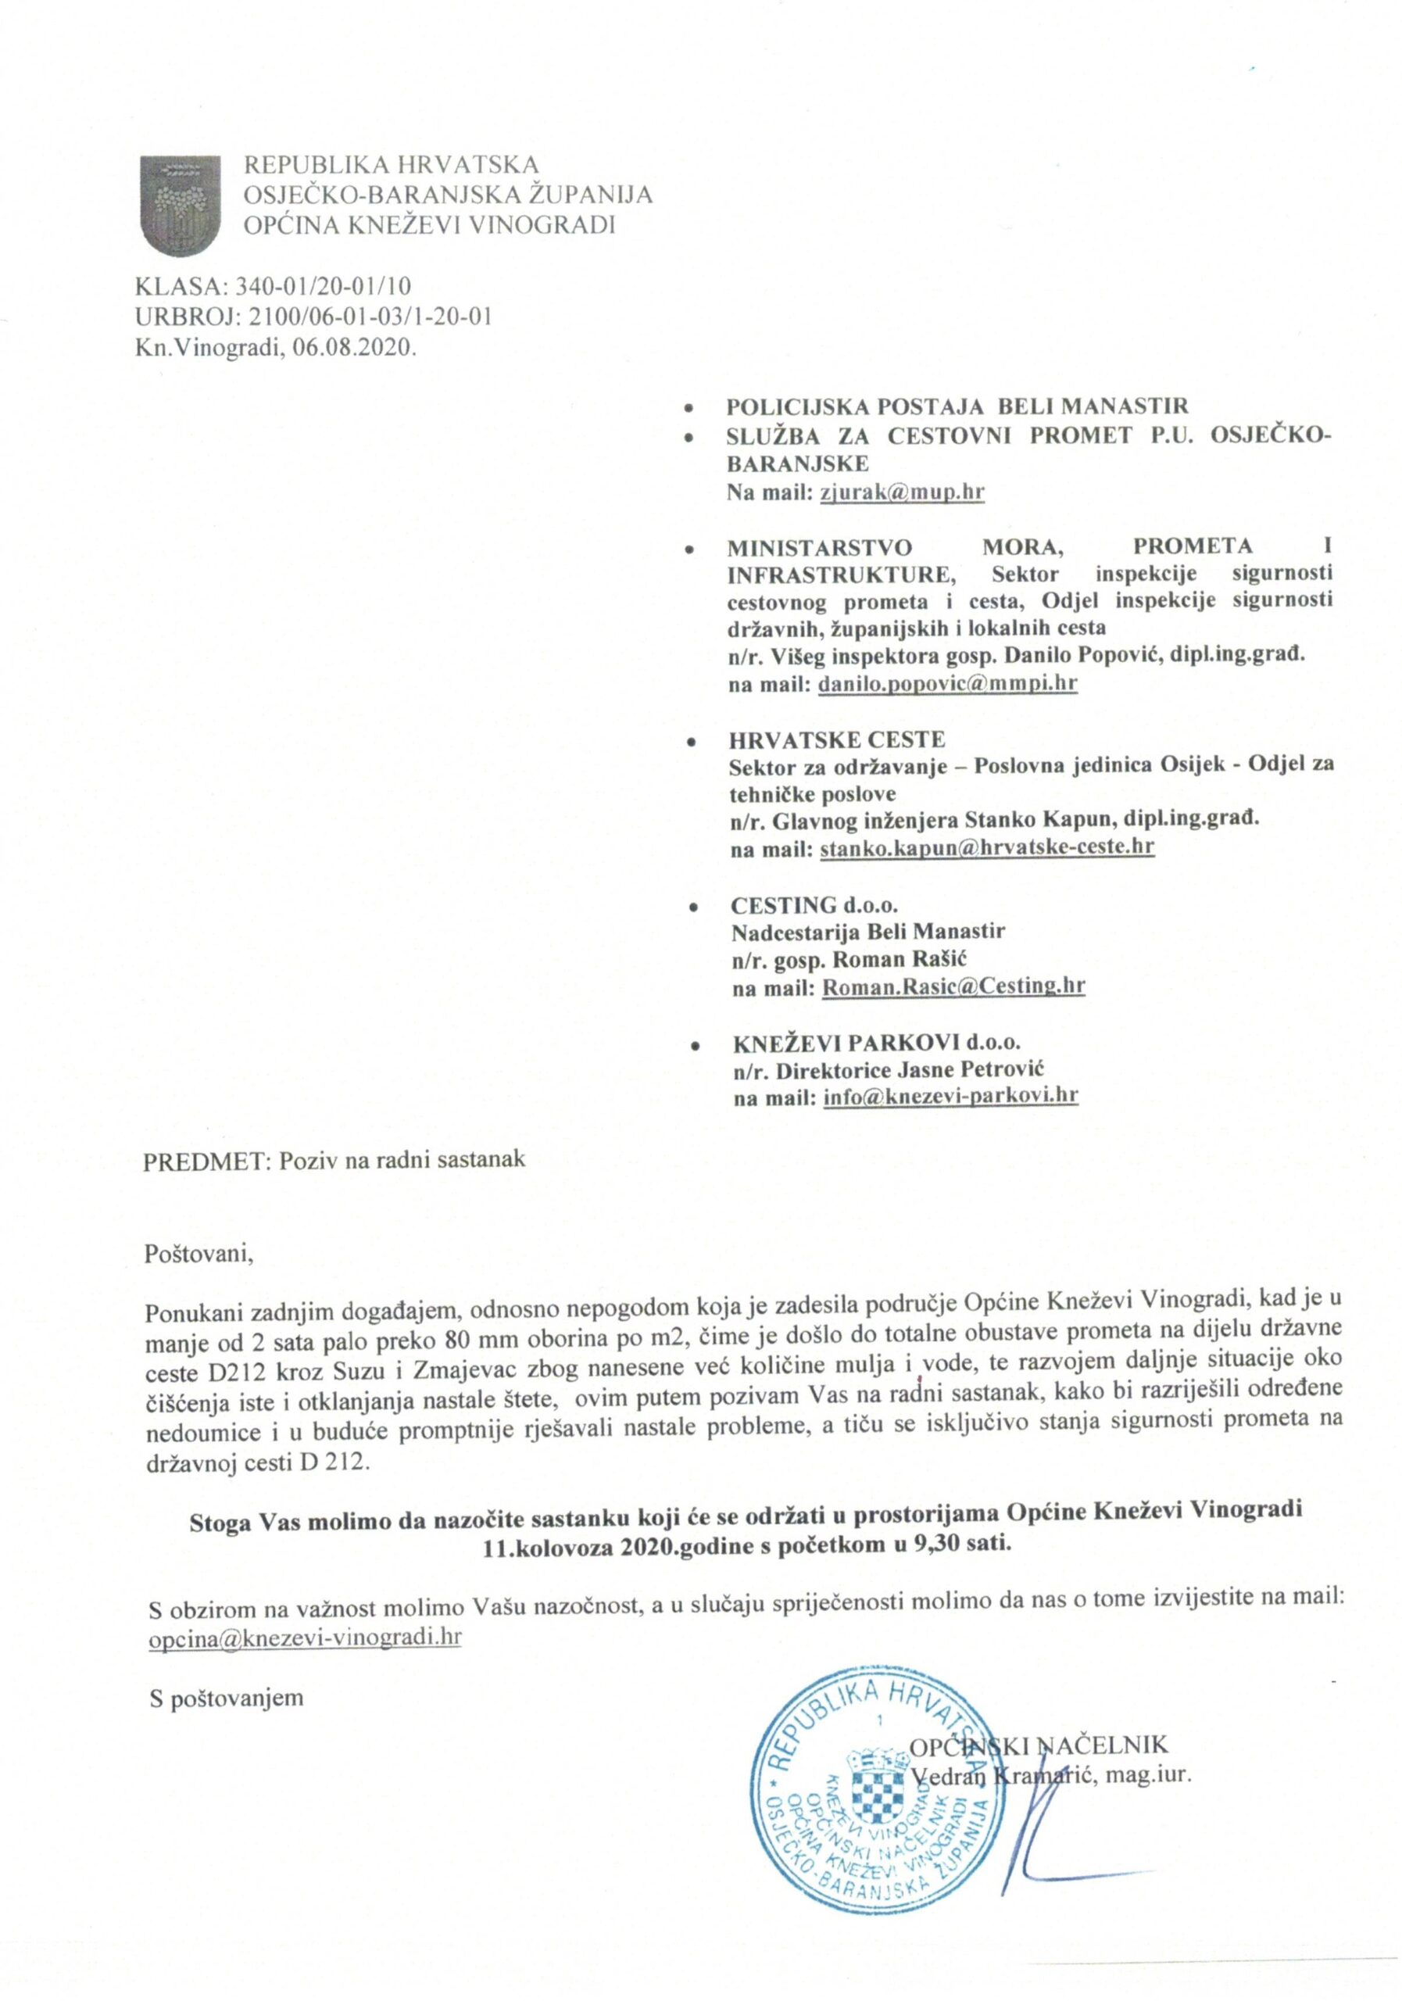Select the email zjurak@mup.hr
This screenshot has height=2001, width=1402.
901,492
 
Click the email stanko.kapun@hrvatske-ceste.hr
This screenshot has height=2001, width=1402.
986,846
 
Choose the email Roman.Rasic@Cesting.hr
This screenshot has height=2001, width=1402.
953,986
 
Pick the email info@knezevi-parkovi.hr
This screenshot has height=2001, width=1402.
950,1094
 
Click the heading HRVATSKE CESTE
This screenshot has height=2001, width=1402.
836,740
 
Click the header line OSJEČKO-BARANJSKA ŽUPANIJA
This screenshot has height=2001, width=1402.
447,195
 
